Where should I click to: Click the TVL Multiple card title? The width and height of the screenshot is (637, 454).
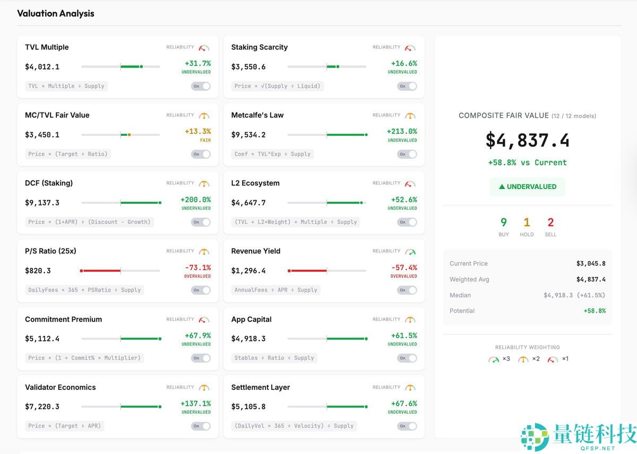pos(47,47)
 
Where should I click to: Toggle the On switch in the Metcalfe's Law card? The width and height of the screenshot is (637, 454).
pos(407,154)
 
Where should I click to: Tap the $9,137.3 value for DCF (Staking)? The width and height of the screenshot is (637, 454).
pos(42,202)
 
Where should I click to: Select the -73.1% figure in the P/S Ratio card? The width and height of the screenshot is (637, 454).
pos(197,268)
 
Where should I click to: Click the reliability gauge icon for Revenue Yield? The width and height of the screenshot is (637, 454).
pos(410,251)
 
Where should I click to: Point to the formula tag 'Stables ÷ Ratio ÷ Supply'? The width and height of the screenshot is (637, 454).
pos(274,358)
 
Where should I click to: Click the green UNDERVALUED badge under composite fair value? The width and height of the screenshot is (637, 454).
pos(527,187)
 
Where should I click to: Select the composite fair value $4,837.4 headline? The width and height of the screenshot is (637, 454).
pos(527,141)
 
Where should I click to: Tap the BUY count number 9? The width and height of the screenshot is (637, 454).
pos(503,222)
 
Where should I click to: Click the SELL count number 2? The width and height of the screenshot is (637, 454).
pos(550,222)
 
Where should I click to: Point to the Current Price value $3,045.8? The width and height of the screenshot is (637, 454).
pos(591,263)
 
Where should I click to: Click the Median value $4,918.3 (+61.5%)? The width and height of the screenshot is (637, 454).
pos(574,295)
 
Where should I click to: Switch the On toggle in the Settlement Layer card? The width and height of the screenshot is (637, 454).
pos(407,426)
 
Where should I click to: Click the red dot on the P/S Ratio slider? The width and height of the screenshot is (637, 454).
pos(81,271)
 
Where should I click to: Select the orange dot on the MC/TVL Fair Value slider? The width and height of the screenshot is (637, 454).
pos(129,135)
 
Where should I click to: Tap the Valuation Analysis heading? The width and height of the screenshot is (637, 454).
pos(56,14)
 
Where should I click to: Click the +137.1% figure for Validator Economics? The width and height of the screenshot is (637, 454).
pos(195,404)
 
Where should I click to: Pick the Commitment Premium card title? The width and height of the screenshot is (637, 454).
pos(63,319)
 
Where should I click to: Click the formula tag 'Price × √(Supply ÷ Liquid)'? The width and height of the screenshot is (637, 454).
pos(278,86)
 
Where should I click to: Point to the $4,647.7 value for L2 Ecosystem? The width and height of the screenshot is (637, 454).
pos(248,202)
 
